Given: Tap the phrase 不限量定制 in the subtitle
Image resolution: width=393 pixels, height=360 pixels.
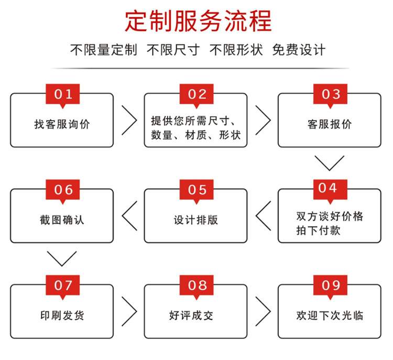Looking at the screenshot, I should [x=103, y=50].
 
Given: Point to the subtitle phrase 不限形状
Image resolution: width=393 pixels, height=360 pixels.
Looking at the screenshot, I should [x=236, y=50].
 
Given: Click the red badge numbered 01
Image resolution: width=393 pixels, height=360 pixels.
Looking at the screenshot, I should [x=63, y=94].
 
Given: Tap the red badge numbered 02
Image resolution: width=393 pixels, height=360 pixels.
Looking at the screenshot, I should [x=197, y=94].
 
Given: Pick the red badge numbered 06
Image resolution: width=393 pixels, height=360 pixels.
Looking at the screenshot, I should [x=63, y=190].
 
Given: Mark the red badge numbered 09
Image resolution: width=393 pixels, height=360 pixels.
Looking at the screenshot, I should [x=331, y=285].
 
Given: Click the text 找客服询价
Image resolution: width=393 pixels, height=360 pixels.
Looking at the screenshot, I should [x=62, y=124].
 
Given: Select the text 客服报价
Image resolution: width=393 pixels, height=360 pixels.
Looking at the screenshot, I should [x=330, y=124].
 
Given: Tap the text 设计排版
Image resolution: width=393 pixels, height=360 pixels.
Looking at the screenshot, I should [x=195, y=220].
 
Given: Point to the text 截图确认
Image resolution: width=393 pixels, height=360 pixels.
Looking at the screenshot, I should [x=62, y=220].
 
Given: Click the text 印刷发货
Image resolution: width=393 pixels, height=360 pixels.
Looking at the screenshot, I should [x=62, y=315].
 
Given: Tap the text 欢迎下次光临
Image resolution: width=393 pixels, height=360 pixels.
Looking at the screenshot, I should [x=330, y=315].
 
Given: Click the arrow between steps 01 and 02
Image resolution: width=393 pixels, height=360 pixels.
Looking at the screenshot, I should [x=129, y=120].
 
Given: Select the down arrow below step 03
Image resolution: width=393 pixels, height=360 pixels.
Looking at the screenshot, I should [x=329, y=162].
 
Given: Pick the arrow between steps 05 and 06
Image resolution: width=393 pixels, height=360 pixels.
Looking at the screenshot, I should [x=129, y=215].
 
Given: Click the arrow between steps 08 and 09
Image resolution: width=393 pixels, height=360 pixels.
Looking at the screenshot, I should [x=263, y=311].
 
